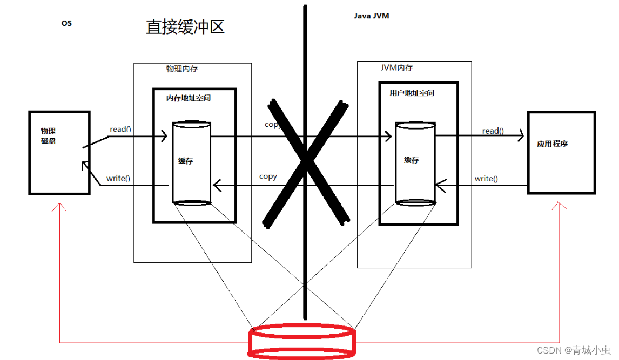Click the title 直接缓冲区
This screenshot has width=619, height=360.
(x=185, y=27)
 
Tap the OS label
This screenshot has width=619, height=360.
(x=66, y=23)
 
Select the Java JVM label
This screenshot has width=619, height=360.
(x=371, y=16)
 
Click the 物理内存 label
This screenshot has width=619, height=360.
(x=182, y=69)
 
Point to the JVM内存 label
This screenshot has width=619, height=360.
(x=396, y=68)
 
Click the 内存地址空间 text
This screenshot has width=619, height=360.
(x=189, y=98)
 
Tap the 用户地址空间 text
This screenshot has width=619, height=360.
(x=412, y=93)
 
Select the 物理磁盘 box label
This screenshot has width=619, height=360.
(x=48, y=136)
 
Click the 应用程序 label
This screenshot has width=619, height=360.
(x=552, y=144)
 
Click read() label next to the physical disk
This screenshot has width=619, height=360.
(x=120, y=129)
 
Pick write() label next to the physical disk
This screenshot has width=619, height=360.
(x=118, y=178)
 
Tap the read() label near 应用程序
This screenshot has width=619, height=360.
(x=493, y=131)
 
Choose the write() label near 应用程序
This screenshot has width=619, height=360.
(x=486, y=179)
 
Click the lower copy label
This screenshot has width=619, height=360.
(x=268, y=176)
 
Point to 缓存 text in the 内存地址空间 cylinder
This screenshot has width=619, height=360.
(x=185, y=160)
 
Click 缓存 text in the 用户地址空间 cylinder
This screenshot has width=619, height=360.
(x=411, y=160)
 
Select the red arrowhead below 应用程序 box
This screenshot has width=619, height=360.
(x=559, y=207)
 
